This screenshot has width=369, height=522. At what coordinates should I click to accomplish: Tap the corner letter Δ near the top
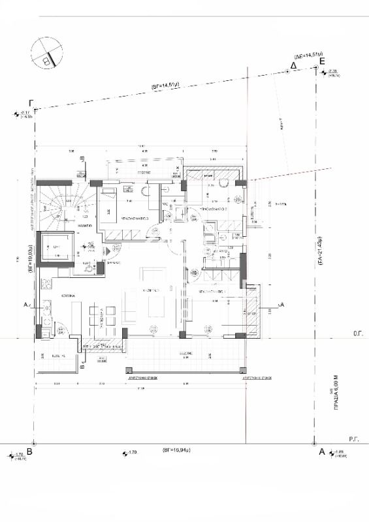[x=293, y=66]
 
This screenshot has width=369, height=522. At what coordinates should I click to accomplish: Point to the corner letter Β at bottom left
[x=30, y=451]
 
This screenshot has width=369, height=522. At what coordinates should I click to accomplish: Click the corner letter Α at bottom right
[x=321, y=451]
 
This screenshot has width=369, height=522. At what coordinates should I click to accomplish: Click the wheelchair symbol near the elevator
[x=89, y=266]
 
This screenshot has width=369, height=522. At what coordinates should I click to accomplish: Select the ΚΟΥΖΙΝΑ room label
[x=71, y=296]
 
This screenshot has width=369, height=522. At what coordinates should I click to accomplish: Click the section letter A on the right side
[x=281, y=305]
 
